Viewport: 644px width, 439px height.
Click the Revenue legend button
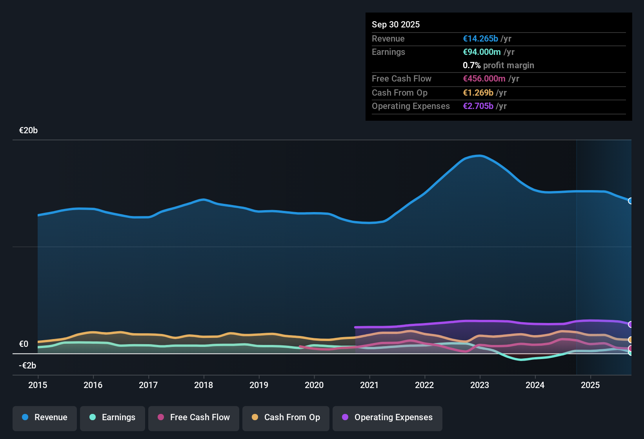(x=45, y=417)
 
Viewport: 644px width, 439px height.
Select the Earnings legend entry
(x=113, y=417)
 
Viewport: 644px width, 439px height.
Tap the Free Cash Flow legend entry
(x=194, y=417)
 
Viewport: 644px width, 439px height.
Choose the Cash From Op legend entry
(x=286, y=417)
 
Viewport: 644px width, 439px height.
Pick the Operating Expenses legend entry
(x=387, y=417)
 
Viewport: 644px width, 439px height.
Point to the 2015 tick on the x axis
(x=38, y=385)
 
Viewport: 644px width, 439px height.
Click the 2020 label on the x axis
(x=314, y=385)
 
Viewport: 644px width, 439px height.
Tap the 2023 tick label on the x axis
(x=480, y=385)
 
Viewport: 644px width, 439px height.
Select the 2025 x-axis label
(x=590, y=385)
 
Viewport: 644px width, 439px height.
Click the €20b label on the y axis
(x=28, y=131)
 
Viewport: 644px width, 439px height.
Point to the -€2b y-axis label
(x=27, y=366)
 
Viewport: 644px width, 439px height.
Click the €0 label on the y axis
(x=24, y=344)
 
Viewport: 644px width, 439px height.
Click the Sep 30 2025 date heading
(x=396, y=24)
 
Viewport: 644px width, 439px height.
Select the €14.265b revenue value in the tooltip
(x=480, y=39)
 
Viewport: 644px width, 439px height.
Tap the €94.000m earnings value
(x=482, y=52)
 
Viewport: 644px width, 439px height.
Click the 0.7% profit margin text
(x=498, y=65)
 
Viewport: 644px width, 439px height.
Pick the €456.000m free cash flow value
(x=485, y=79)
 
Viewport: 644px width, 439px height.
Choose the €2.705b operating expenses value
(x=478, y=106)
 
